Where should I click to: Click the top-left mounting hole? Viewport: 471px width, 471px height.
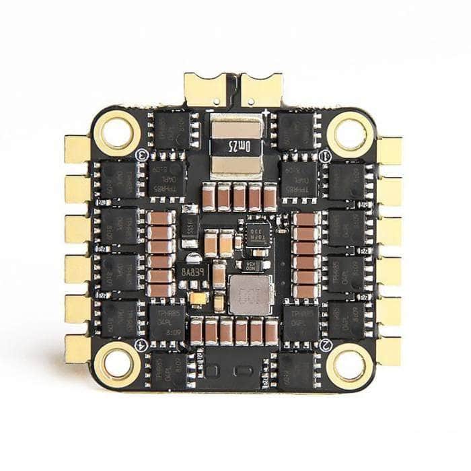(x=117, y=133)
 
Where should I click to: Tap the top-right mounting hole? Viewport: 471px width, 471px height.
(x=350, y=133)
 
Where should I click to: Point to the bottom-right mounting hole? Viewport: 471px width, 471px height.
(x=350, y=364)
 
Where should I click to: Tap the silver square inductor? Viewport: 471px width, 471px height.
(x=250, y=294)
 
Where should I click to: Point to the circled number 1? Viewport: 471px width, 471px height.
(x=325, y=156)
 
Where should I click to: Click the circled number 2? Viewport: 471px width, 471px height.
(x=326, y=345)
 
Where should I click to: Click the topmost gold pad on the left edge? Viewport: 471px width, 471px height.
(x=77, y=149)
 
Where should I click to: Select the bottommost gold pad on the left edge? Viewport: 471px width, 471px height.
(x=77, y=349)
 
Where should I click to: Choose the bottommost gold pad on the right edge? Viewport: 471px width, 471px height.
(x=389, y=351)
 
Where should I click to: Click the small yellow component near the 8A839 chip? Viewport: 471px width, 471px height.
(x=198, y=299)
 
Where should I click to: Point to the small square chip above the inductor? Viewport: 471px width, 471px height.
(x=258, y=235)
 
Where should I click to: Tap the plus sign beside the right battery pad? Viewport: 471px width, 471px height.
(x=268, y=111)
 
